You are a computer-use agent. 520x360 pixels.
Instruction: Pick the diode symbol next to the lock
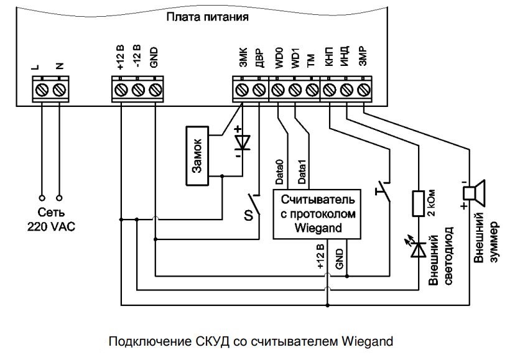[x=239, y=142]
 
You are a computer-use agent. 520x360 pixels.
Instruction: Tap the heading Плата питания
[x=208, y=17]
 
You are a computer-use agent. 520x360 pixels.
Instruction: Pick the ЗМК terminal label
[x=243, y=59]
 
